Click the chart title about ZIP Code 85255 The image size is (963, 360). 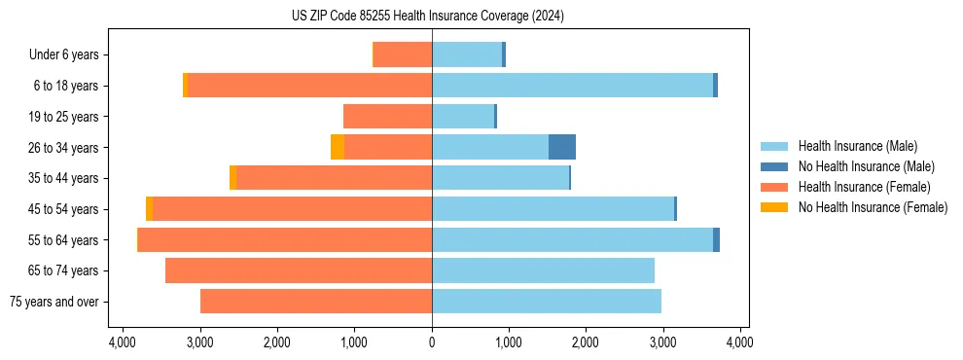427,16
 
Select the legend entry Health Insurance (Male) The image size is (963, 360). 857,146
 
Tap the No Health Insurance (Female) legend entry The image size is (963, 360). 873,207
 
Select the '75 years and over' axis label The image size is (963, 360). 53,302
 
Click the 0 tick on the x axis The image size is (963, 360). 432,342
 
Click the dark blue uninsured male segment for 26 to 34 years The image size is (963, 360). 562,147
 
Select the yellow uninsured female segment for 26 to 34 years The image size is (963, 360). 337,147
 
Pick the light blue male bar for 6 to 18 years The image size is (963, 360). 572,86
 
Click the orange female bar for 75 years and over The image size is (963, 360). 316,302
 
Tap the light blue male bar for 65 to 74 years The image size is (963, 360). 543,270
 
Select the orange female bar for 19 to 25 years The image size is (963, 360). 387,117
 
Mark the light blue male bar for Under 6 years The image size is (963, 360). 467,54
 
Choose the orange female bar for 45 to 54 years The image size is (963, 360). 292,209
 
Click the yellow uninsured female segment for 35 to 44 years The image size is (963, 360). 232,178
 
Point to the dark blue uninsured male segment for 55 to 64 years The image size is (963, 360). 716,240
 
